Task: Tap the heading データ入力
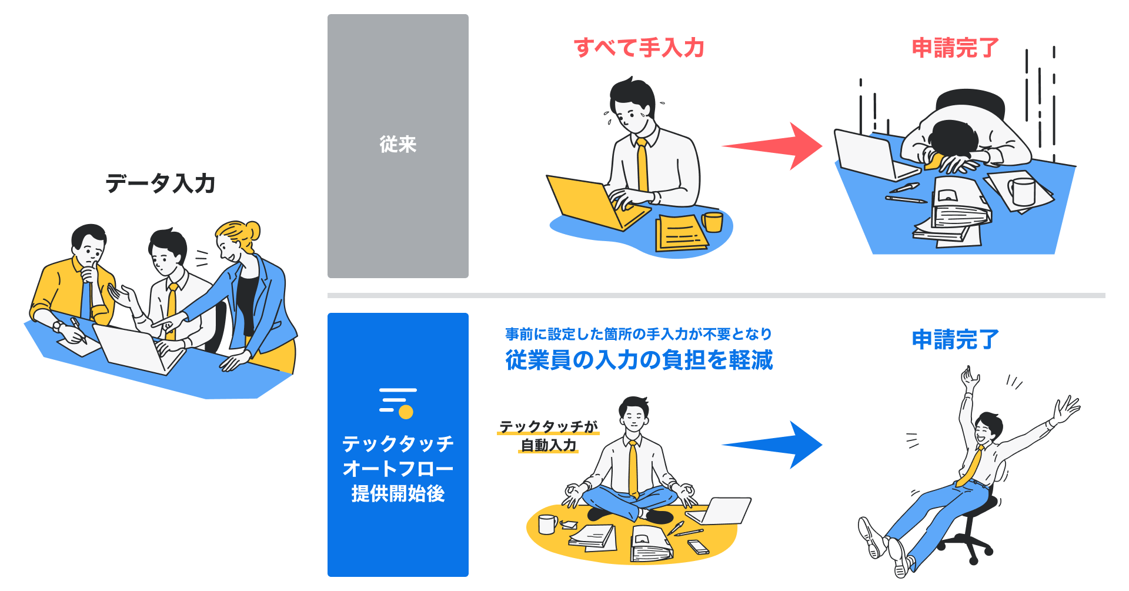(160, 183)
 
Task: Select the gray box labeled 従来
(398, 146)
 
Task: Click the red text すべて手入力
(639, 48)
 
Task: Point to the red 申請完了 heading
(955, 48)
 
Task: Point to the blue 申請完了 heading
(955, 339)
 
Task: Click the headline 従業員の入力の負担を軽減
(639, 360)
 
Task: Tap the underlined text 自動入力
(548, 445)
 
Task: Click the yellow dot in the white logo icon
(406, 412)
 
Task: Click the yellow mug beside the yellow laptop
(713, 222)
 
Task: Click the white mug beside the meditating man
(547, 524)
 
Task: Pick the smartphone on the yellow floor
(699, 547)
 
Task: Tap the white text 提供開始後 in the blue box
(398, 493)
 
